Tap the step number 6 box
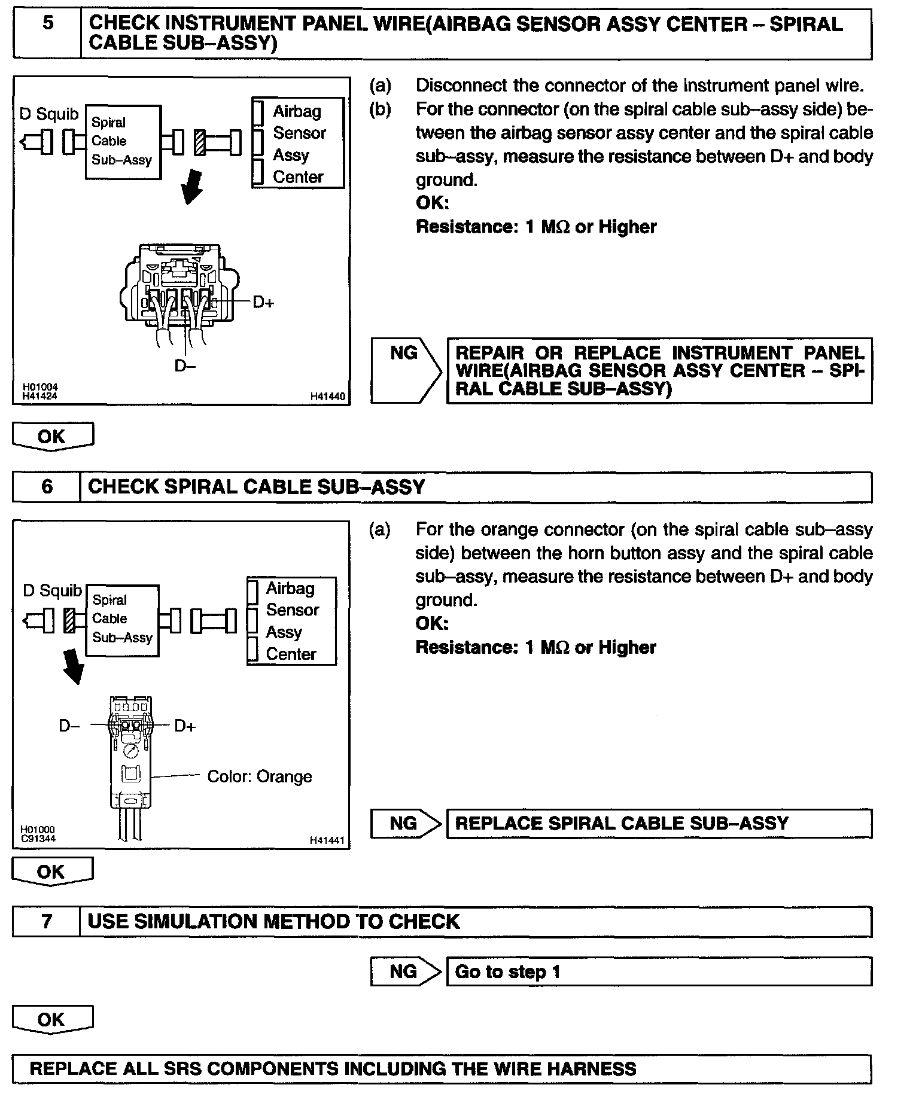47,487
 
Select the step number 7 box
47,922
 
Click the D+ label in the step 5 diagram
263,303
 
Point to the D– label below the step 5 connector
185,365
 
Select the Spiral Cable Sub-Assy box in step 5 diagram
123,142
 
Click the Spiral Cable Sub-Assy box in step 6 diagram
122,620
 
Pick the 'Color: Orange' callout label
259,776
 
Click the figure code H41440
327,396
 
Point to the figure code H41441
327,840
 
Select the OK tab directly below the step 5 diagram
53,437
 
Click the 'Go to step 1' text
507,971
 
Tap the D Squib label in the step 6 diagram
52,591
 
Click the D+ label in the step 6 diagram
185,726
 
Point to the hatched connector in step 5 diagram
200,143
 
